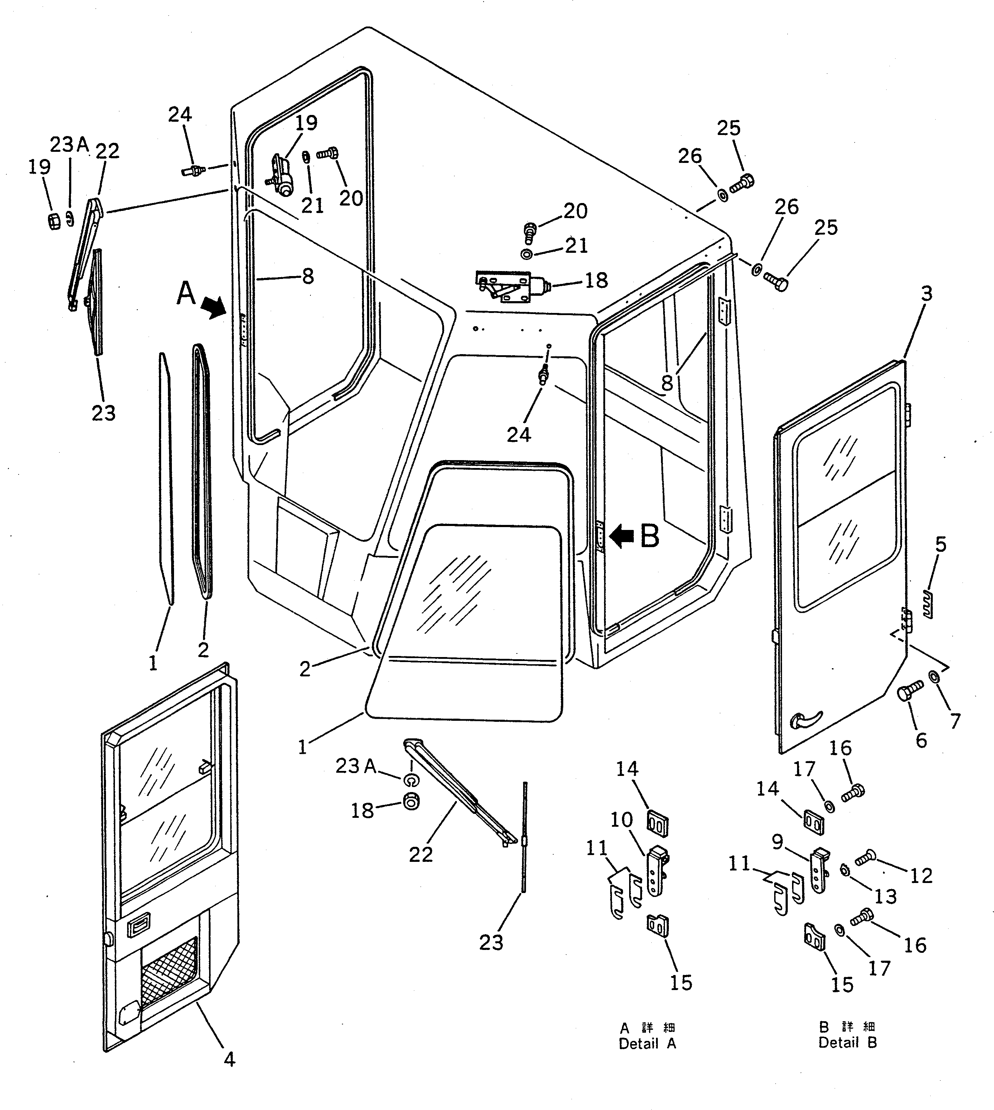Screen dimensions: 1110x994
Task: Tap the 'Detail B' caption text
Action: click(847, 1043)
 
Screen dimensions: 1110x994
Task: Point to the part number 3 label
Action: click(927, 294)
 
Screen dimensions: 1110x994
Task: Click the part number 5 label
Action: click(941, 545)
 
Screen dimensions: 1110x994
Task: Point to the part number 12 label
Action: click(921, 876)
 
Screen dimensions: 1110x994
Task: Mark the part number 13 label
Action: click(885, 896)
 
